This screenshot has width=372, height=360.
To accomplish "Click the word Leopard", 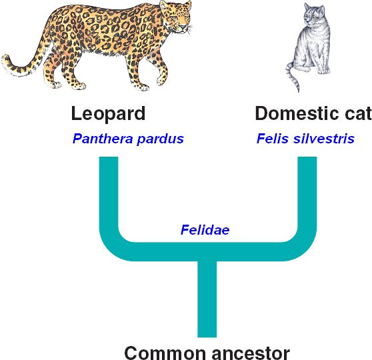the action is pos(108,115).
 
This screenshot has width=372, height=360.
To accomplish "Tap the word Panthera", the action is pos(103,139).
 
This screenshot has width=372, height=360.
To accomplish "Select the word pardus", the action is pos(161,139).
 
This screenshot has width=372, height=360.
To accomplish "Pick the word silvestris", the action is pos(324,139).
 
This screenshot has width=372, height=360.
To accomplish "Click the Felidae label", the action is pos(205,230).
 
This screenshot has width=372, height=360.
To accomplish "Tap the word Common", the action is pos(165,353).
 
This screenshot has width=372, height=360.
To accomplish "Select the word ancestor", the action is pos(251,353).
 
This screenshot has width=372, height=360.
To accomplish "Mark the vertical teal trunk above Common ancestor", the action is pos(207,299).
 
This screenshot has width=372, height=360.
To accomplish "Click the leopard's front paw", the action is pos(142,87).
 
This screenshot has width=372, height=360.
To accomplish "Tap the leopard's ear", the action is pos(164,5).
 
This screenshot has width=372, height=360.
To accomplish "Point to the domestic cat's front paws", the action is pos(324,71).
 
